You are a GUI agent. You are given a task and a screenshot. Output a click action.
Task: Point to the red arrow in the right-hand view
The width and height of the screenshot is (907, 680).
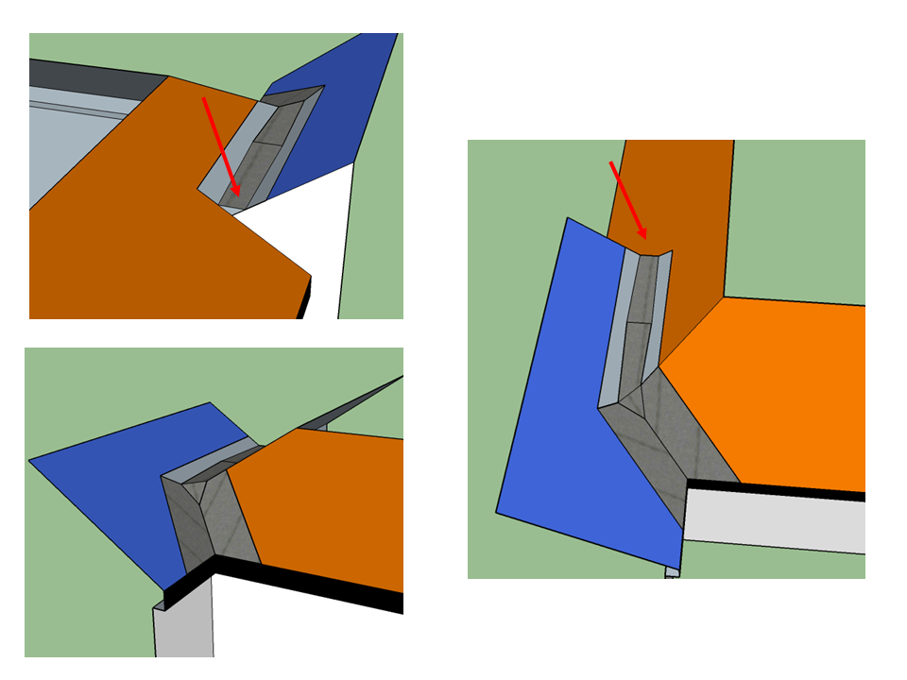tap(628, 200)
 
